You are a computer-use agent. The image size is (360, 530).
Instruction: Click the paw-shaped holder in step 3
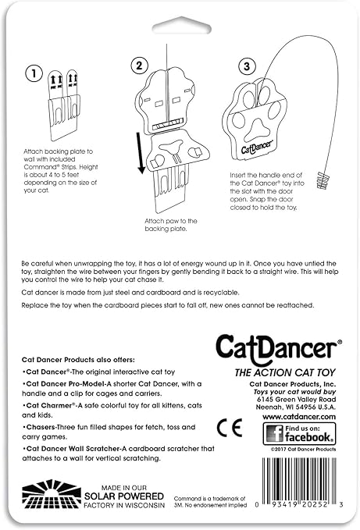(258, 123)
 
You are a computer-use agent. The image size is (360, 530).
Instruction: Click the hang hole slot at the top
(179, 28)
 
